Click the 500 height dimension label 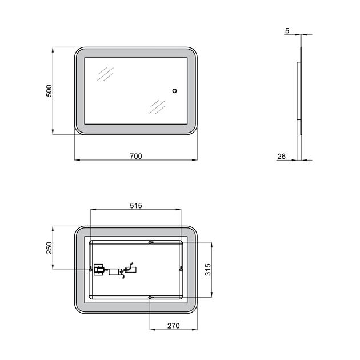(49, 91)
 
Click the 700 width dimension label (136, 156)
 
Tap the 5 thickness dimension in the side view (287, 30)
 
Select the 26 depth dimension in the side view (282, 157)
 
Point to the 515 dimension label (136, 206)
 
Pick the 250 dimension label (49, 248)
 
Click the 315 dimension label (208, 270)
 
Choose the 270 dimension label (173, 326)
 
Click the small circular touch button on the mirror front (174, 91)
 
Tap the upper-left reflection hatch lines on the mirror (105, 74)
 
